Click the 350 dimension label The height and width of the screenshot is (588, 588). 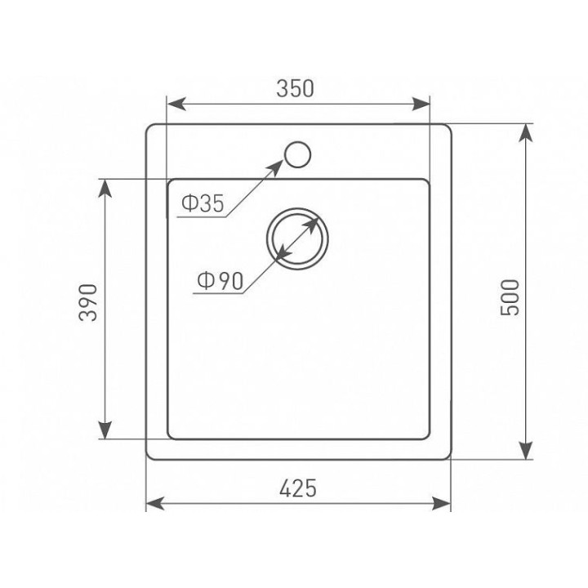pyautogui.click(x=295, y=89)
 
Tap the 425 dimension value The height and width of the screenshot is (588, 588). pyautogui.click(x=298, y=488)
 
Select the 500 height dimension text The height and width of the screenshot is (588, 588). pyautogui.click(x=510, y=297)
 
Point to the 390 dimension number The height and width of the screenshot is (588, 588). pyautogui.click(x=88, y=302)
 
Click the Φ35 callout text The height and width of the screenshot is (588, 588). pyautogui.click(x=203, y=203)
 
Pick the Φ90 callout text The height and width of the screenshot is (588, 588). pyautogui.click(x=220, y=281)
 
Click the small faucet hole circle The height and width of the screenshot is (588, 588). pyautogui.click(x=298, y=154)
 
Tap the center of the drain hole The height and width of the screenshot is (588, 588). pyautogui.click(x=297, y=238)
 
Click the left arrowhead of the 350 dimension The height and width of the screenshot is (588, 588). pyautogui.click(x=176, y=104)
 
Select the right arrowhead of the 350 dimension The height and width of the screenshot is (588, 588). pyautogui.click(x=421, y=104)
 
